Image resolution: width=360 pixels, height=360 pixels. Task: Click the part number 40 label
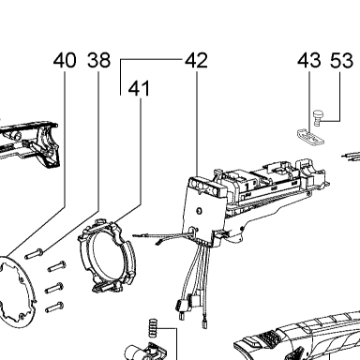(x=65, y=60)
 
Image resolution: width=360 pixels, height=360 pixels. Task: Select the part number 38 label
(x=98, y=60)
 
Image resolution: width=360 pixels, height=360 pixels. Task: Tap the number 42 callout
(x=196, y=60)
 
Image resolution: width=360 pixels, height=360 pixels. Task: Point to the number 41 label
(x=140, y=88)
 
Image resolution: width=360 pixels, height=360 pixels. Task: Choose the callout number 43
(x=309, y=60)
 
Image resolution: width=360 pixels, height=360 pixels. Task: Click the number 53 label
(x=342, y=60)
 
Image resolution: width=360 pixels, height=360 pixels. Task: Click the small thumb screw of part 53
(x=317, y=117)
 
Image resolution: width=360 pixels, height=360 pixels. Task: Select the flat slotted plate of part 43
(x=310, y=137)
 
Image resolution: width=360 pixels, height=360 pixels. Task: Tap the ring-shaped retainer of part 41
(x=107, y=256)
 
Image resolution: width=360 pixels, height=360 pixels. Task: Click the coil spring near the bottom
(x=152, y=328)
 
